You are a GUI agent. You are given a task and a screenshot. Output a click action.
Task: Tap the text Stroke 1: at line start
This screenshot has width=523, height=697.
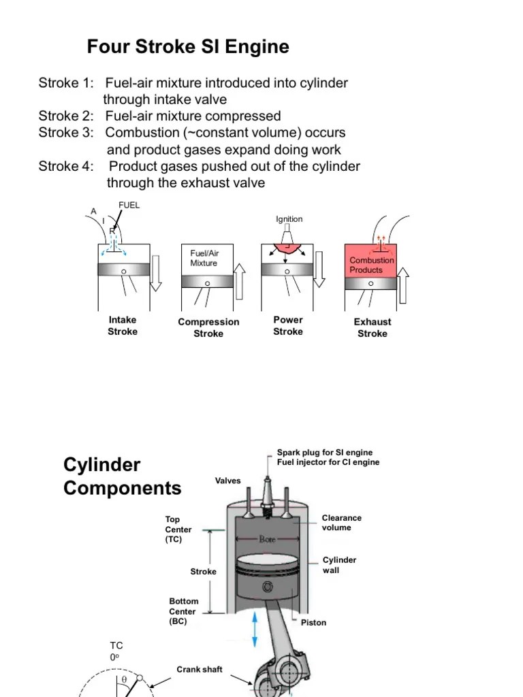65,83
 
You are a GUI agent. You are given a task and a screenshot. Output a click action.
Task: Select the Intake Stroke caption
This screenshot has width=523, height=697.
123,326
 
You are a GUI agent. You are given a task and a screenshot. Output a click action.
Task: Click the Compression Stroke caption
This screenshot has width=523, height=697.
208,327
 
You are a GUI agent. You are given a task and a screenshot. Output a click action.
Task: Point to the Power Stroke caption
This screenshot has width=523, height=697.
288,326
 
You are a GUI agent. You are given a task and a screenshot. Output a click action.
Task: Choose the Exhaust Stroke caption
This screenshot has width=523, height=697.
373,327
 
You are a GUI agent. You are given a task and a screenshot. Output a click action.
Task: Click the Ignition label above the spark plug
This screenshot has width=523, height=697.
289,219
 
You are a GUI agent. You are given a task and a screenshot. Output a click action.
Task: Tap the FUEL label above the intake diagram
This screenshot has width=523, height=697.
129,205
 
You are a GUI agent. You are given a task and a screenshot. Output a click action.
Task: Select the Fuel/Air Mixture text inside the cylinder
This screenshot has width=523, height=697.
204,258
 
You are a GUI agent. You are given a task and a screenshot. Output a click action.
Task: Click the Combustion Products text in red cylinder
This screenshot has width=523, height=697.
371,265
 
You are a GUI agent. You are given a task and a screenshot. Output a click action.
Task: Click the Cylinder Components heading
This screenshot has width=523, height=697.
122,476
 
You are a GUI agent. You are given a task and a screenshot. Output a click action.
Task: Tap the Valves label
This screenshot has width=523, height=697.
228,481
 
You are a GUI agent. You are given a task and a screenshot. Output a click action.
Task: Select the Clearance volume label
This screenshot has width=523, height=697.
341,523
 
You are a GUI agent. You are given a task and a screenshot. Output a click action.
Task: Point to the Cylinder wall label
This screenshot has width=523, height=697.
339,565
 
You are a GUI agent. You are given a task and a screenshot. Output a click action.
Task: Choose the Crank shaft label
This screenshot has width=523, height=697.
200,670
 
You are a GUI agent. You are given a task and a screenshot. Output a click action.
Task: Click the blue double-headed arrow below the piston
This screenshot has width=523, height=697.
255,629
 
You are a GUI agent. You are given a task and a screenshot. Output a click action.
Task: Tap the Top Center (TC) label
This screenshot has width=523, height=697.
178,530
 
